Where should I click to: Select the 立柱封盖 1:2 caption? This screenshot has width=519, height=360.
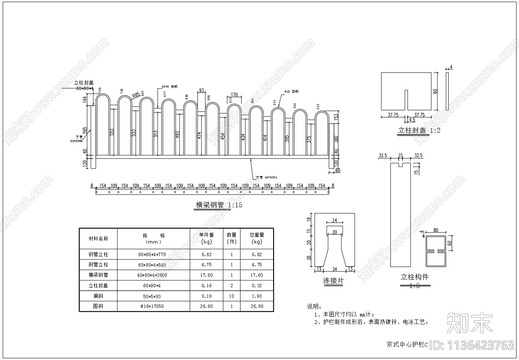point(419,130)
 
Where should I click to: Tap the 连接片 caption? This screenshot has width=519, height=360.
point(333,281)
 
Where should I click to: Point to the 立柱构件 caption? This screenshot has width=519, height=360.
point(414,277)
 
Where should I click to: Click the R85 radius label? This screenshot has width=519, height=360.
point(136,95)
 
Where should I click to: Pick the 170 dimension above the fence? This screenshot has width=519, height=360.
point(234,95)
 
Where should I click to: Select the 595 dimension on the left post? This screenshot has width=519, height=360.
point(85,130)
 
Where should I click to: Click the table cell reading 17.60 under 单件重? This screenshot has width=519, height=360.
point(206,275)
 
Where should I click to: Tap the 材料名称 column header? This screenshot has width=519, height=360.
point(98,238)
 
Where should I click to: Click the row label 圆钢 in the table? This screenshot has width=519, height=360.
point(98,306)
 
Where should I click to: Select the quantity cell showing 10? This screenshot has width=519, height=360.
point(232,296)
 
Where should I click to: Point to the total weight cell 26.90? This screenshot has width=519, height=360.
point(257,306)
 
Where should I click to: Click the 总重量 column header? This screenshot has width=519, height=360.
point(257,238)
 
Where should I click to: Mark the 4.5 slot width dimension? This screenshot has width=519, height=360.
point(412,120)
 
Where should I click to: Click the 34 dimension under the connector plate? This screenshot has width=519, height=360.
point(335,269)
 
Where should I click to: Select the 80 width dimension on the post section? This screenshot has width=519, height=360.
point(436,230)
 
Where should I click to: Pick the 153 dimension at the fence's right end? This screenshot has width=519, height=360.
point(336,117)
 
